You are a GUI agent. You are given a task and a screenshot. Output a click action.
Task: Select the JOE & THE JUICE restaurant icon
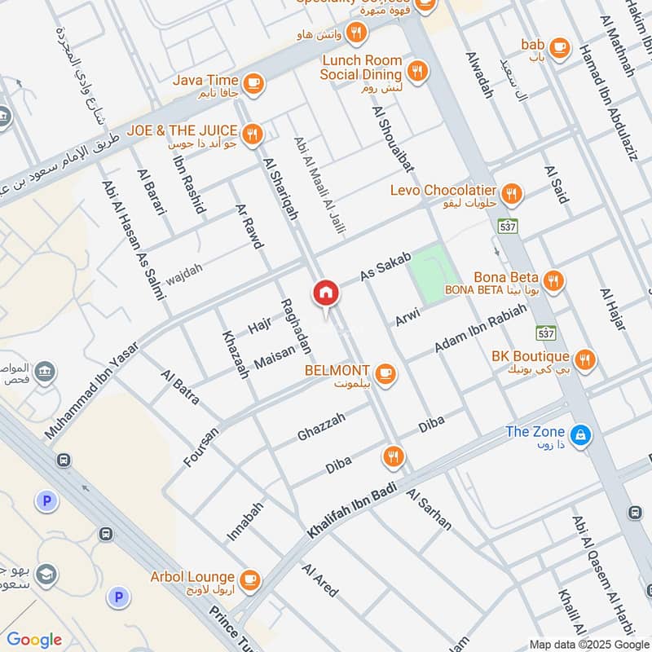[253, 133]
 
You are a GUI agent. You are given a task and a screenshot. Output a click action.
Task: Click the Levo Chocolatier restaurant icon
[512, 194]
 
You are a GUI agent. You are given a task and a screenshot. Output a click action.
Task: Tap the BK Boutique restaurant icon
[584, 359]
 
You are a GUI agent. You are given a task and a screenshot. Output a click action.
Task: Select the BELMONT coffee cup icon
[385, 373]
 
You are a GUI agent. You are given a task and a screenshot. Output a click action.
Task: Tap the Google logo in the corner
[34, 640]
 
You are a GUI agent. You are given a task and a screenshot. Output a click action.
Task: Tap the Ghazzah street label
[321, 427]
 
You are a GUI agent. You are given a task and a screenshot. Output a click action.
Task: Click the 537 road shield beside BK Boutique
[546, 333]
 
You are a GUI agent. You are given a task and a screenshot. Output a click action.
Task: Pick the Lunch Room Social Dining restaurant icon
[418, 71]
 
